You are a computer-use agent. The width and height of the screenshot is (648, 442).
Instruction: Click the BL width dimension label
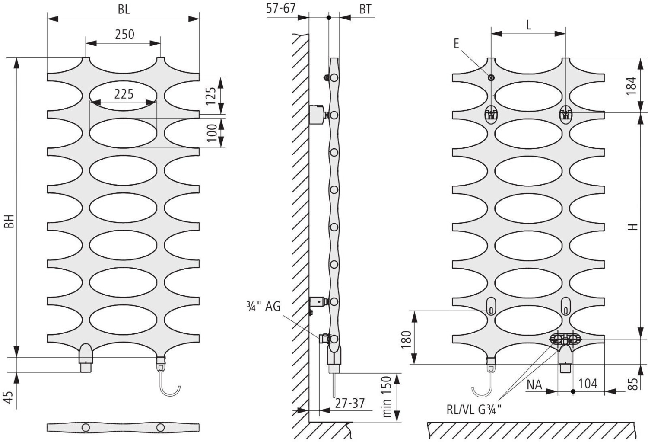click(124, 10)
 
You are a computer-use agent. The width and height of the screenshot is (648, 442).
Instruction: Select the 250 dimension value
click(124, 34)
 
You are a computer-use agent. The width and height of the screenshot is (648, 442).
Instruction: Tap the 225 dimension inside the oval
click(124, 94)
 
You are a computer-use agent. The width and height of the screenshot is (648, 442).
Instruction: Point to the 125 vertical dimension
click(210, 96)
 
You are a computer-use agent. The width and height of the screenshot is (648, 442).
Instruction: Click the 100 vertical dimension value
click(211, 132)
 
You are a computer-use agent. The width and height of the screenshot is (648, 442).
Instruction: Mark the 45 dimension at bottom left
click(10, 397)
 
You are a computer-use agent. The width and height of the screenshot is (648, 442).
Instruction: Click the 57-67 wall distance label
click(280, 8)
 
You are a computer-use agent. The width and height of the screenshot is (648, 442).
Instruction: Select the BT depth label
click(365, 9)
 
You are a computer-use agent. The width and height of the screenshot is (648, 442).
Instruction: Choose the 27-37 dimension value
click(349, 403)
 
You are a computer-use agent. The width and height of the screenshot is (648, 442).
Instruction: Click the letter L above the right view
click(528, 25)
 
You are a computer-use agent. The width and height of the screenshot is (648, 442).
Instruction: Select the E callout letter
click(456, 43)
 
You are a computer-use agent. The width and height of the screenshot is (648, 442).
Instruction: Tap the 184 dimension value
click(631, 86)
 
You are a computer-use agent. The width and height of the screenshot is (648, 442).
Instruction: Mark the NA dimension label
click(534, 384)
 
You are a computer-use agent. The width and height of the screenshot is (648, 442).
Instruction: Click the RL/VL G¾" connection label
click(474, 409)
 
